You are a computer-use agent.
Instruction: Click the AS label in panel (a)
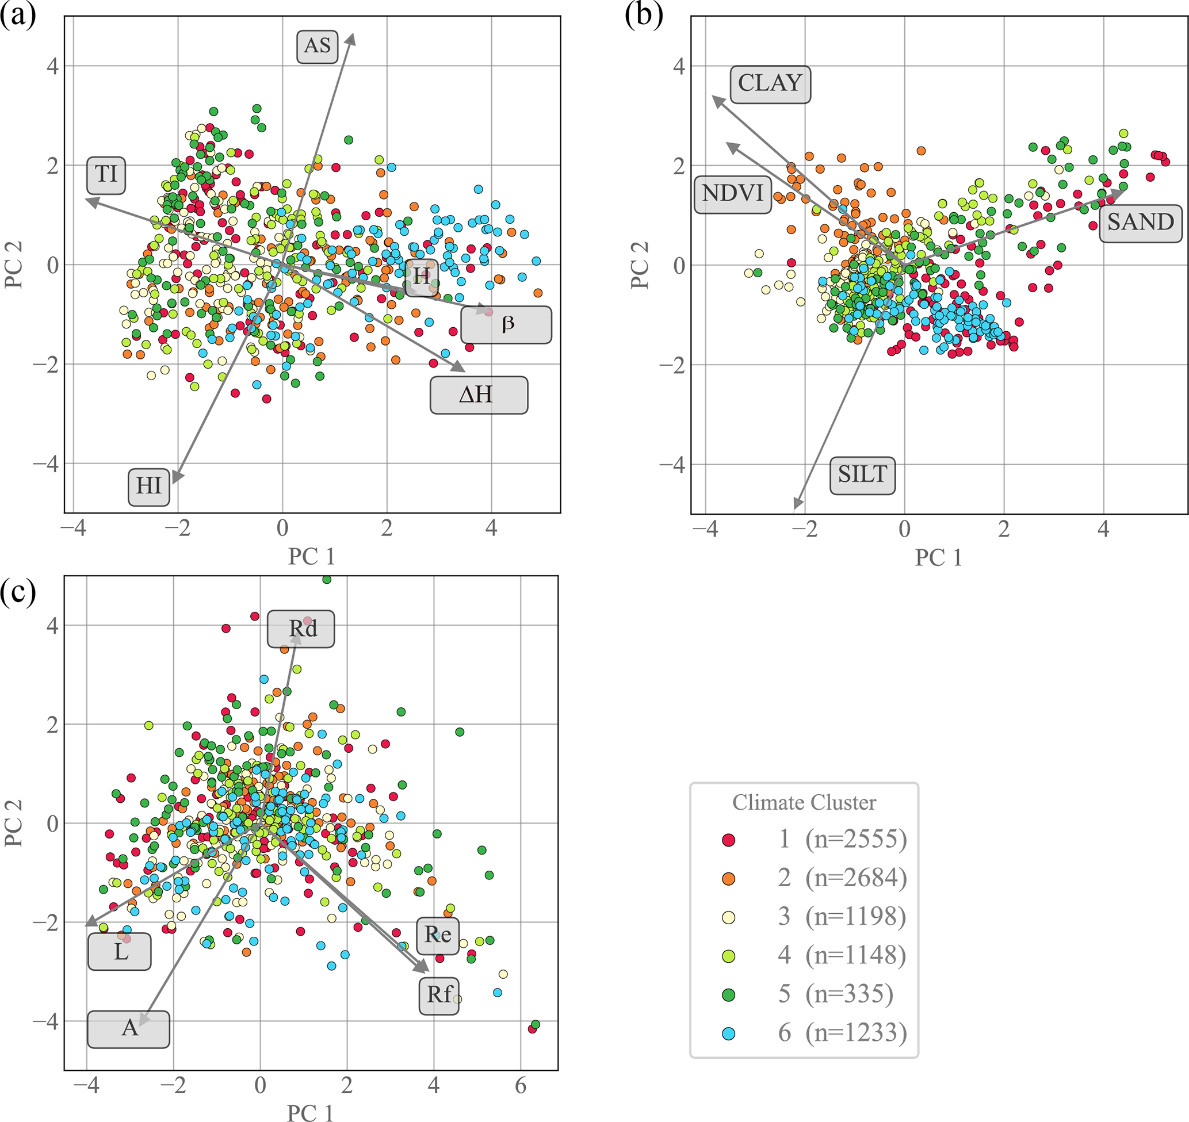pos(317,47)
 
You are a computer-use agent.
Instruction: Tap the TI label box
pos(106,175)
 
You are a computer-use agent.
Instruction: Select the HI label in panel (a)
pos(148,487)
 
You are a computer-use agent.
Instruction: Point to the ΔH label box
pos(479,395)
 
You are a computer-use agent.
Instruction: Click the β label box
pos(506,325)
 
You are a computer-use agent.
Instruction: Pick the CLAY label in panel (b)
pos(770,85)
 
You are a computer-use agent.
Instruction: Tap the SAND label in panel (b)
pos(1140,223)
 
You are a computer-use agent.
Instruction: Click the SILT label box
pos(862,476)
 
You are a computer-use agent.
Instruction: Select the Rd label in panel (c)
pos(301,629)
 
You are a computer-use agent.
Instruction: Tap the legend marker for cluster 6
pos(728,1033)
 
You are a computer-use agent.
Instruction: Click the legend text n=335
pos(849,994)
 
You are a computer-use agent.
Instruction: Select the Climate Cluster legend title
pos(804,803)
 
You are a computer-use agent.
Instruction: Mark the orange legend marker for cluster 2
pos(728,879)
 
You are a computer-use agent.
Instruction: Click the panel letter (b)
pos(644,14)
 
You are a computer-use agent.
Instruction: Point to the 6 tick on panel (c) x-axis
pos(521,1085)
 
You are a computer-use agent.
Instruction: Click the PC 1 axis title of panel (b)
pos(938,557)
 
